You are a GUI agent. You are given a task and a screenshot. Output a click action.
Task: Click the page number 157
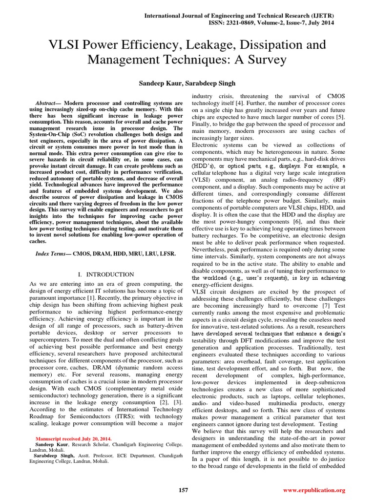tap(184, 490)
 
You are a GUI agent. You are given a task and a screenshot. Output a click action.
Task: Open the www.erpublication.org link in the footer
tap(314, 490)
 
